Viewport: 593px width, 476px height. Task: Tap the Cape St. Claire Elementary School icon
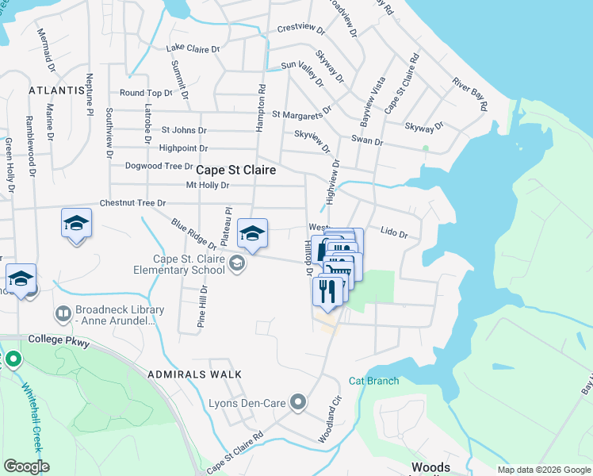(x=236, y=264)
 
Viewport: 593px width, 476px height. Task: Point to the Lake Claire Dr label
(x=193, y=49)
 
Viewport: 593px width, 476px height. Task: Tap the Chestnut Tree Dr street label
(x=132, y=204)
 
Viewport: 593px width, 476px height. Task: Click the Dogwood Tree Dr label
(x=159, y=167)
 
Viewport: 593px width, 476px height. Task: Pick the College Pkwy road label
(x=59, y=340)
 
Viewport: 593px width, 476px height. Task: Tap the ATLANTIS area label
(x=56, y=90)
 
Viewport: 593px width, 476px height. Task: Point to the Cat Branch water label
(x=373, y=382)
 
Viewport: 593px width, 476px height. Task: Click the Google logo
(x=26, y=466)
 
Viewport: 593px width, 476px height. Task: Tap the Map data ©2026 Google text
(x=543, y=470)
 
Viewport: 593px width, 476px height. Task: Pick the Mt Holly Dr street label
(x=207, y=186)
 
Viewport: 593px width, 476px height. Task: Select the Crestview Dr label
(x=301, y=29)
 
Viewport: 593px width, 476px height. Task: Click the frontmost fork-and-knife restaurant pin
(x=327, y=291)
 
